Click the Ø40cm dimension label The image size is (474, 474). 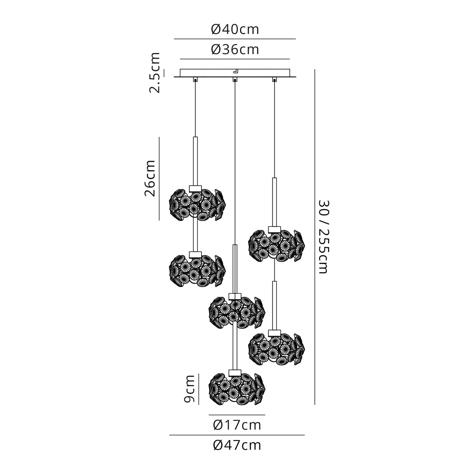[x=235, y=29]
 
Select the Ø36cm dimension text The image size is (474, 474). [x=235, y=50]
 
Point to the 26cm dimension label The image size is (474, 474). [x=150, y=178]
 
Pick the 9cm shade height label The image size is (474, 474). [x=189, y=389]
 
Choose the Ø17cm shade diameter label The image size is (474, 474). [x=237, y=425]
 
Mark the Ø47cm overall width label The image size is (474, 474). [x=237, y=445]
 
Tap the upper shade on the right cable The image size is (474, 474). [x=276, y=245]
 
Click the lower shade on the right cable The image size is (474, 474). [x=276, y=348]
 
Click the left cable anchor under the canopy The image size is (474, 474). [x=195, y=80]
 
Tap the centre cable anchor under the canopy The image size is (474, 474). [x=234, y=80]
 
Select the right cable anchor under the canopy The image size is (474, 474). [x=274, y=80]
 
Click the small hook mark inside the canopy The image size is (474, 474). [x=235, y=71]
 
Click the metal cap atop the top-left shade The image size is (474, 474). [x=195, y=188]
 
